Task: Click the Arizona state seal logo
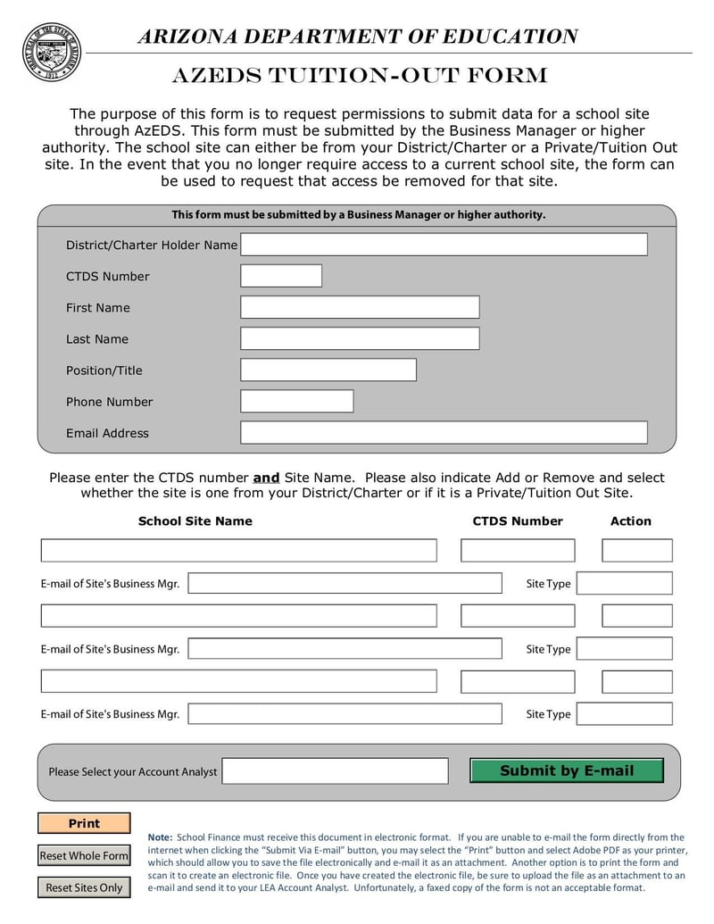pos(51,53)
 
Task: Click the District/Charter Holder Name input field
pos(444,245)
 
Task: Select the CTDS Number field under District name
pos(281,276)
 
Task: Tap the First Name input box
pos(360,307)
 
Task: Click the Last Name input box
pos(360,338)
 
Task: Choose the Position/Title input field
pos(328,370)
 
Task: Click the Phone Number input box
pos(297,401)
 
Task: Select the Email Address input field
pos(444,432)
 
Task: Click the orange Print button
pos(84,823)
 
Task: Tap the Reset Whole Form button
pos(84,855)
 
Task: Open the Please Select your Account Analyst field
pos(335,770)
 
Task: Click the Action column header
pos(630,521)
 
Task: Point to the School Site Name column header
pos(195,521)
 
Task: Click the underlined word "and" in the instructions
pos(266,478)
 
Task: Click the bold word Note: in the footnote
pos(160,837)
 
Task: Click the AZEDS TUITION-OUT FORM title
pos(360,77)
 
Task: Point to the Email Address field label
pos(107,433)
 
